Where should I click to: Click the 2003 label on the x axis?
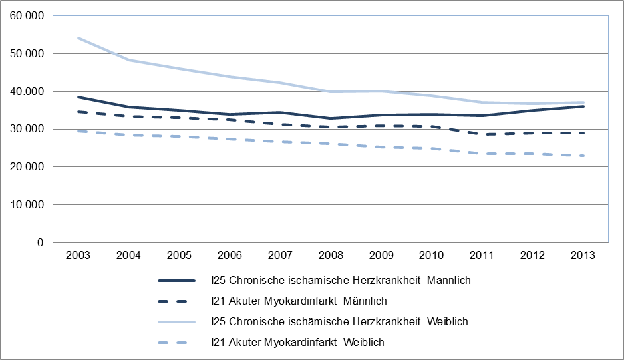click(x=78, y=256)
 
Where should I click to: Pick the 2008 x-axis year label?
click(x=331, y=256)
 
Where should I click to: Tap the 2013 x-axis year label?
click(x=583, y=256)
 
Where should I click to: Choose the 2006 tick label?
click(x=230, y=256)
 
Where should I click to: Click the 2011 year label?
click(x=482, y=256)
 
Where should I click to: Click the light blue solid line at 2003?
click(x=78, y=38)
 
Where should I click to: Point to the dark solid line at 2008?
click(x=331, y=118)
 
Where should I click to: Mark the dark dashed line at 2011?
click(x=482, y=134)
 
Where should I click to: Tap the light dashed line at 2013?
click(x=583, y=156)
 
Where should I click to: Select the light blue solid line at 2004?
click(x=129, y=60)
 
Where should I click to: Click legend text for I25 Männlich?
click(x=340, y=281)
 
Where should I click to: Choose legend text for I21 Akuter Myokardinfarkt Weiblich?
click(x=297, y=343)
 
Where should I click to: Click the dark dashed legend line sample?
click(x=176, y=301)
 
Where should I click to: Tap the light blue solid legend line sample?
click(x=176, y=322)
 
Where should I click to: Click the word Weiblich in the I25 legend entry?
click(x=448, y=322)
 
